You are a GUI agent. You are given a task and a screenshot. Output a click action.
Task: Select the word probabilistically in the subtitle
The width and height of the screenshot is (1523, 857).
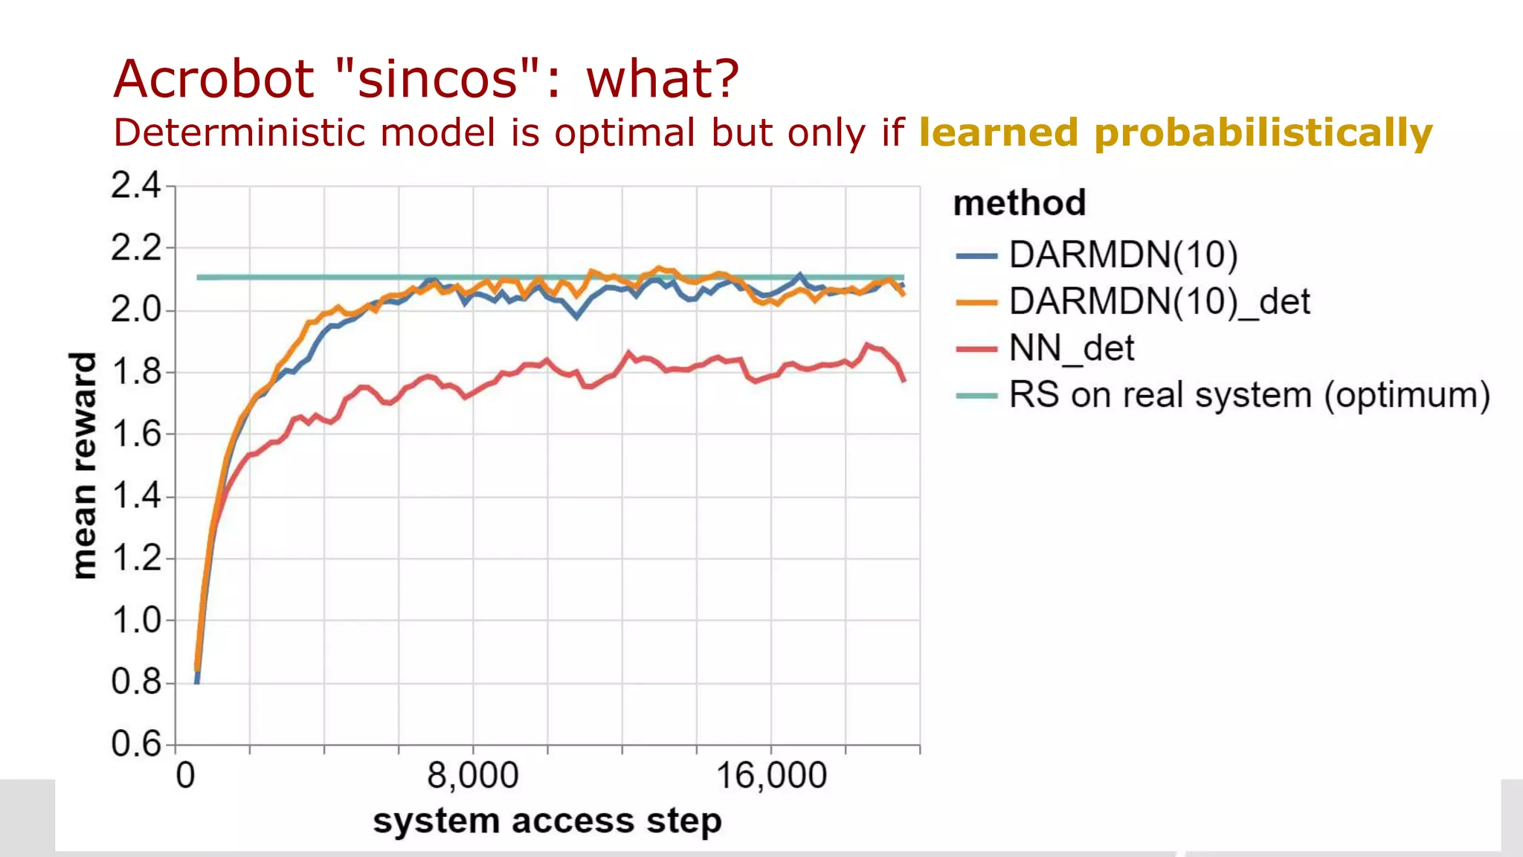pyautogui.click(x=1263, y=132)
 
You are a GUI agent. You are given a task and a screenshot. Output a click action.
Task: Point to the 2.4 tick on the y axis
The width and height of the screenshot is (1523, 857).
pyautogui.click(x=136, y=185)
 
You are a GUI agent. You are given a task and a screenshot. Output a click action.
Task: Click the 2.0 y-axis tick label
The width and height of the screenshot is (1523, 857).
pyautogui.click(x=136, y=309)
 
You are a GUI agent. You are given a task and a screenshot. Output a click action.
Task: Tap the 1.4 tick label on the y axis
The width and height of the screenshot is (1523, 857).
pyautogui.click(x=136, y=495)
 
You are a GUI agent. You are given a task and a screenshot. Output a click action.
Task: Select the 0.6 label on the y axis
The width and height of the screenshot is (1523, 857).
pyautogui.click(x=136, y=743)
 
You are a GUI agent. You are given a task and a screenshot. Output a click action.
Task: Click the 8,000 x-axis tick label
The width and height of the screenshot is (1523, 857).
pyautogui.click(x=473, y=776)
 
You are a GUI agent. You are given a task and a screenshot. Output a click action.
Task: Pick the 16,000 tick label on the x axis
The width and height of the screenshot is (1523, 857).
pyautogui.click(x=771, y=776)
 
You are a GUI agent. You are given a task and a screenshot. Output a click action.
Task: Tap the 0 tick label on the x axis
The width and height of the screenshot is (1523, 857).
pyautogui.click(x=185, y=776)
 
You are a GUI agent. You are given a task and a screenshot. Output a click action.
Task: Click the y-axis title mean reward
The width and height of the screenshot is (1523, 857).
pyautogui.click(x=83, y=465)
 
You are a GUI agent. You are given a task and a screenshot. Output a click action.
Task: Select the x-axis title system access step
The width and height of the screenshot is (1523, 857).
pyautogui.click(x=547, y=821)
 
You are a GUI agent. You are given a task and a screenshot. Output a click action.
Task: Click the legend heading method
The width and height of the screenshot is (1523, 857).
pyautogui.click(x=1020, y=203)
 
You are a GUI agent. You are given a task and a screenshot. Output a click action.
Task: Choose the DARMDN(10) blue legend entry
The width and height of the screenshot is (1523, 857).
pyautogui.click(x=1123, y=255)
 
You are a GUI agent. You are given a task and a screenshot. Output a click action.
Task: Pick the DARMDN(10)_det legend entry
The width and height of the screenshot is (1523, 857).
pyautogui.click(x=1159, y=302)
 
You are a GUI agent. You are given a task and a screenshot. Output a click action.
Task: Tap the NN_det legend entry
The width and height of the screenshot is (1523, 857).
pyautogui.click(x=1071, y=348)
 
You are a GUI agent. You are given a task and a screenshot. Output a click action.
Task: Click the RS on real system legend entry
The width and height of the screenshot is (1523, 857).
pyautogui.click(x=1249, y=395)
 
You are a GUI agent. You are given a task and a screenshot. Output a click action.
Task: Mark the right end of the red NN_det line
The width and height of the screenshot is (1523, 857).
pyautogui.click(x=904, y=381)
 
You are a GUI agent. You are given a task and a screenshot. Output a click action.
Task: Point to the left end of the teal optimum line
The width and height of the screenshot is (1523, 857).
pyautogui.click(x=198, y=277)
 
